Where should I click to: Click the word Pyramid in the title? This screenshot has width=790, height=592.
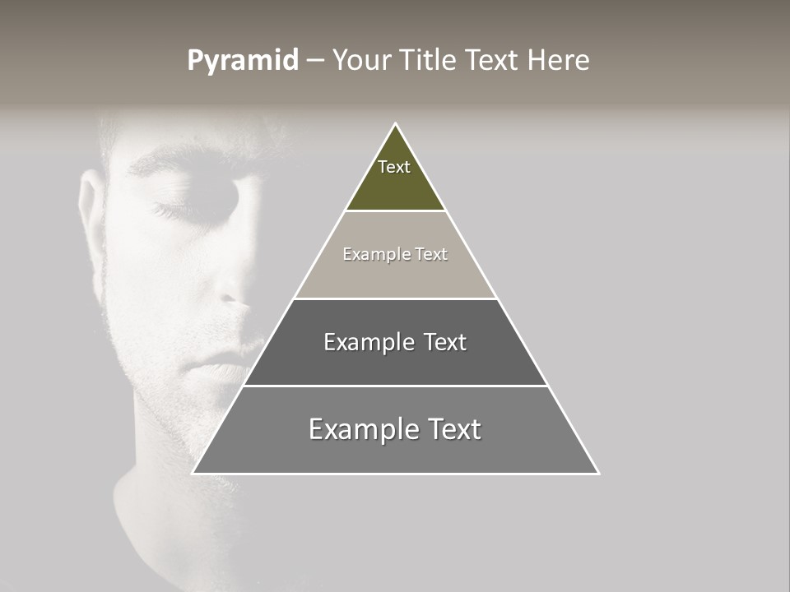tap(243, 61)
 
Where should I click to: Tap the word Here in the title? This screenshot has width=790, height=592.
tap(558, 61)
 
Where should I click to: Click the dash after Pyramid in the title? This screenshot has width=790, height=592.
tap(315, 61)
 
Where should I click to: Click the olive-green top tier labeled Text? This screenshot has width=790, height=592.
tap(394, 177)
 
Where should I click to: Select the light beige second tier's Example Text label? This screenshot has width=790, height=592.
tap(395, 254)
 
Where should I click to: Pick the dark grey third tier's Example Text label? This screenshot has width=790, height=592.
tap(395, 342)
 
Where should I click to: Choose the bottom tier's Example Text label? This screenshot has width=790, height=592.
tap(395, 429)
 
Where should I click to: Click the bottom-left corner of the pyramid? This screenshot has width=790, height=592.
tap(193, 473)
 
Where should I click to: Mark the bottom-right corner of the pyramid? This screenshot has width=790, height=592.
tap(598, 473)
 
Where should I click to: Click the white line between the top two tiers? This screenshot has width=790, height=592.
tap(395, 211)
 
